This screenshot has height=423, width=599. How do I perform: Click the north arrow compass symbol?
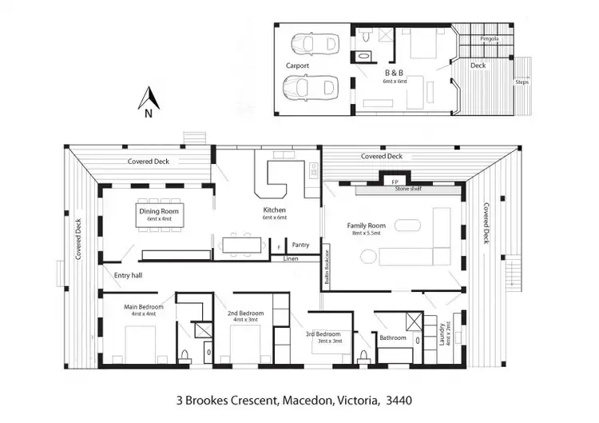(x=147, y=100)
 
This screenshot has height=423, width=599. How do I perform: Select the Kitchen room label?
(x=274, y=210)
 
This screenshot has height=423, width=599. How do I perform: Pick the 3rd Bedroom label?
(x=324, y=334)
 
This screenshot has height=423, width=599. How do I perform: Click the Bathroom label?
(x=392, y=338)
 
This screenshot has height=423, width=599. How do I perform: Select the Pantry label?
(x=300, y=245)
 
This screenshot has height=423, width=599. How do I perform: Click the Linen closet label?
(x=290, y=258)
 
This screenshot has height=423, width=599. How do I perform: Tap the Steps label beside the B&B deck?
(x=522, y=82)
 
